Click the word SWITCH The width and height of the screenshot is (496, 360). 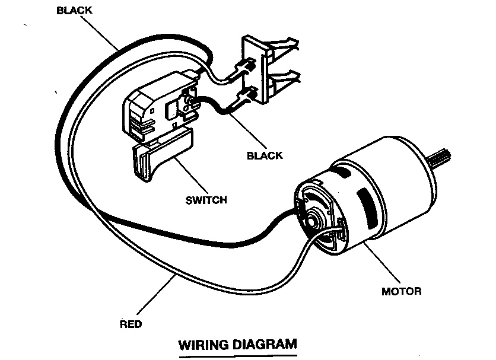tap(206, 200)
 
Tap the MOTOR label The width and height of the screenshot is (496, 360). tap(401, 291)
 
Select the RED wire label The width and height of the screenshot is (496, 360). tap(131, 324)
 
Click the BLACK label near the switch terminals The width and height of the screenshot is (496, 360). tap(265, 155)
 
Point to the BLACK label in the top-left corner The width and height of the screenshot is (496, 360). tap(74, 10)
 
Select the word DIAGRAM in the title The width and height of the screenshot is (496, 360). tap(264, 343)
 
